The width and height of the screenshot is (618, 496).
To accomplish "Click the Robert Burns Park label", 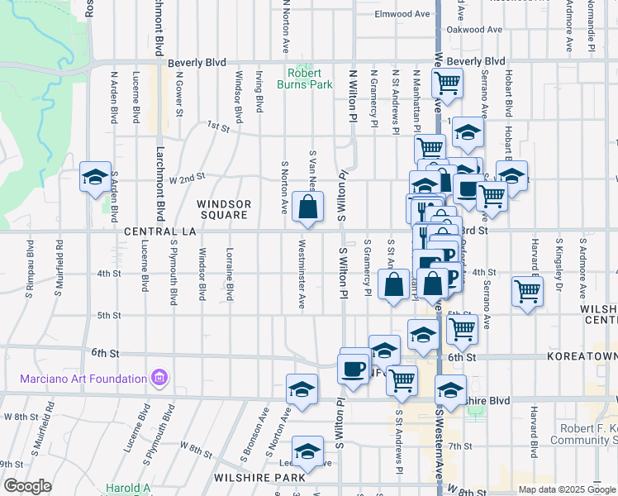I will click(x=310, y=79).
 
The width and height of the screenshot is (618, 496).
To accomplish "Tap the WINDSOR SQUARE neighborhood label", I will click(x=223, y=209).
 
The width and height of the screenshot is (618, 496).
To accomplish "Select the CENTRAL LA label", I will click(x=159, y=232).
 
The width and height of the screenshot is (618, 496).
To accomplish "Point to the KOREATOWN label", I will click(x=582, y=355).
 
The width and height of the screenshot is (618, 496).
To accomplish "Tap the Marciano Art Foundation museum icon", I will click(x=160, y=379).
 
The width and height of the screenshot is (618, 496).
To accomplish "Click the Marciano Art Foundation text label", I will click(x=83, y=379).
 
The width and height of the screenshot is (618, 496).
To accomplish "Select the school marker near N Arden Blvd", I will click(x=95, y=177).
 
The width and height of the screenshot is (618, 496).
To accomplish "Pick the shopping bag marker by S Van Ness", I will click(x=307, y=209).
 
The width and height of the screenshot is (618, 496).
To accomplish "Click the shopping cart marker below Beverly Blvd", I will click(x=447, y=83).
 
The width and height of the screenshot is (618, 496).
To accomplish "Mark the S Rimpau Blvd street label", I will click(x=29, y=268).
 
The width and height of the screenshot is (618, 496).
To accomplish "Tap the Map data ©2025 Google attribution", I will click(x=566, y=489).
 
